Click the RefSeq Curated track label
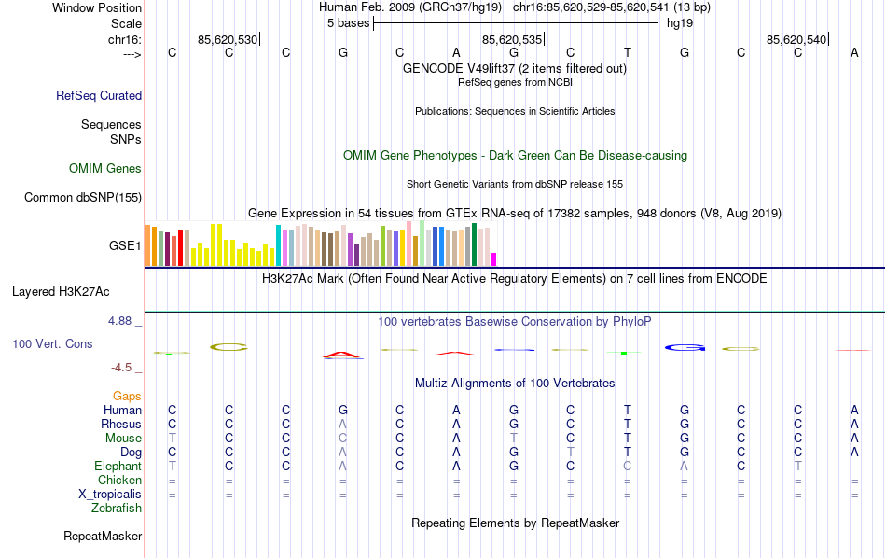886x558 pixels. (x=99, y=95)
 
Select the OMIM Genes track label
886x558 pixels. (x=105, y=169)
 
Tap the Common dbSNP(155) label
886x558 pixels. (x=83, y=197)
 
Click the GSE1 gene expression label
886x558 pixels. (x=125, y=246)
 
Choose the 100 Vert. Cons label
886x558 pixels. (x=52, y=344)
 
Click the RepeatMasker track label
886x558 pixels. (x=103, y=537)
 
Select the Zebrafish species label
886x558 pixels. (x=117, y=509)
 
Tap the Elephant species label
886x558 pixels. (x=118, y=467)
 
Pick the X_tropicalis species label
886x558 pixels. (x=109, y=495)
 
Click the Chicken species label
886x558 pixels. (x=119, y=481)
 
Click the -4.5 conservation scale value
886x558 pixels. (x=125, y=368)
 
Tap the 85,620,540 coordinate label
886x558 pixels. (x=796, y=40)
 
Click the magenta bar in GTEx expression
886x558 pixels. (x=494, y=258)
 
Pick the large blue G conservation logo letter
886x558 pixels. (x=685, y=348)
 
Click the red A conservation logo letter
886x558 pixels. (x=342, y=355)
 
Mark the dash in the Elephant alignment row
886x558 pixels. (x=854, y=467)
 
